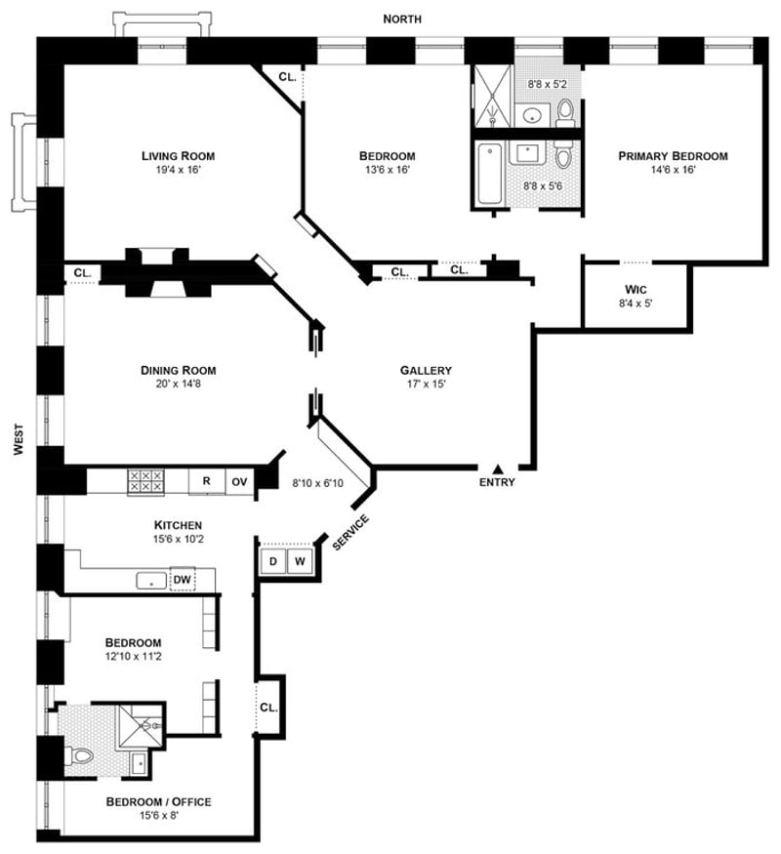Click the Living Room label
(178, 156)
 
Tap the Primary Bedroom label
(673, 156)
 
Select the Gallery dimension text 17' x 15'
(426, 384)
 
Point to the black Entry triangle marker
(497, 468)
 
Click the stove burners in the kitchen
(145, 481)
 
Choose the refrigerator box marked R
(206, 481)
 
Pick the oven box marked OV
(239, 481)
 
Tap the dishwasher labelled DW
(183, 579)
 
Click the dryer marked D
(273, 561)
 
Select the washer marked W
(300, 561)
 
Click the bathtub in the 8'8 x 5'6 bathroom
(489, 174)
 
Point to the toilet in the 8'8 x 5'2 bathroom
(565, 113)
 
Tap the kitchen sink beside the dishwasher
(151, 581)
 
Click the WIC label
(636, 289)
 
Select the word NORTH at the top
(402, 20)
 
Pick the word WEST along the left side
(19, 439)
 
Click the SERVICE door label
(350, 532)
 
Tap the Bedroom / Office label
(158, 801)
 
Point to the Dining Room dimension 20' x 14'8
(178, 384)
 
